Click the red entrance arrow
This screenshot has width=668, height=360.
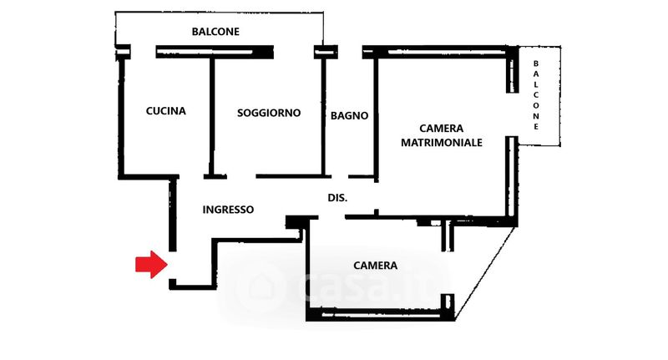point(151,265)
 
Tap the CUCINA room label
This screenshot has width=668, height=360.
point(165,111)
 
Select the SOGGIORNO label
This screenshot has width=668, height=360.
point(269,113)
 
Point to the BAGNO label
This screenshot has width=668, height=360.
point(349,115)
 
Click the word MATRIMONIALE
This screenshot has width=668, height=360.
point(442,142)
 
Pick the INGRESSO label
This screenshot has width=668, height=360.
point(228,210)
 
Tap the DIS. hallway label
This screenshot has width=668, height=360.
point(337,198)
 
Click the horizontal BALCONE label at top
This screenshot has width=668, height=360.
point(215,32)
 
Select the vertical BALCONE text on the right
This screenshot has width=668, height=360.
point(536,95)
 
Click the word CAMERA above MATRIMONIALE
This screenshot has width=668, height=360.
point(442,129)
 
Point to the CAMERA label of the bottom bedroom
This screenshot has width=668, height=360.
point(375,266)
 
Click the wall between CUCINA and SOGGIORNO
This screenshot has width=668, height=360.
point(212,116)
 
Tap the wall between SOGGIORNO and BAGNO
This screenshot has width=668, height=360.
point(323,116)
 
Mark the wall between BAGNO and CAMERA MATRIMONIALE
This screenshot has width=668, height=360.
point(377,119)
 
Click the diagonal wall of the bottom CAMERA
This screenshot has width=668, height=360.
point(486,273)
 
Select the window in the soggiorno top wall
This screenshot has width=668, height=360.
point(205,53)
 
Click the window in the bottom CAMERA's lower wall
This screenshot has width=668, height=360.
point(381,316)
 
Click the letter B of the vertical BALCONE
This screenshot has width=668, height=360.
point(536,63)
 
